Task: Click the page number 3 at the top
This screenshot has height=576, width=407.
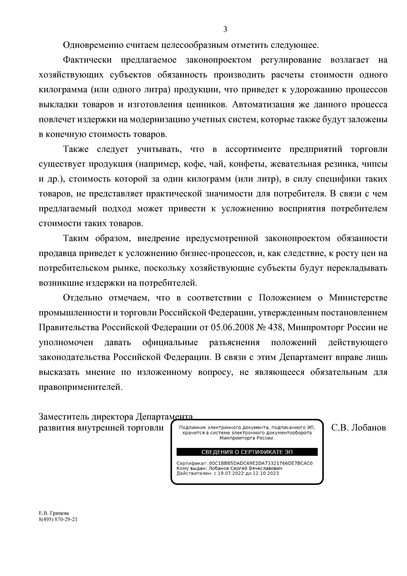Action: pos(225,30)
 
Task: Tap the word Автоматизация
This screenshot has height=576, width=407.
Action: pos(263,104)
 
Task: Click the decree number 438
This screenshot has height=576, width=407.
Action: pos(276,328)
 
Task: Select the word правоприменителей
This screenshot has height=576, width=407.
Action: pos(81,387)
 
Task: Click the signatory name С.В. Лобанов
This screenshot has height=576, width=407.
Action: pos(358,427)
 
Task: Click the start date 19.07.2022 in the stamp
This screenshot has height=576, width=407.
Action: pos(229,473)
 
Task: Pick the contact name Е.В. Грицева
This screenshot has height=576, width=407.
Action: pos(54,513)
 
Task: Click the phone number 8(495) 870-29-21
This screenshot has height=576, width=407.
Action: pos(58,519)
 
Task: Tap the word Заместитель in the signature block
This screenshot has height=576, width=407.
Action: pos(64,417)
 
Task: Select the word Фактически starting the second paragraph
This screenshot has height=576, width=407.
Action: pos(87,60)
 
